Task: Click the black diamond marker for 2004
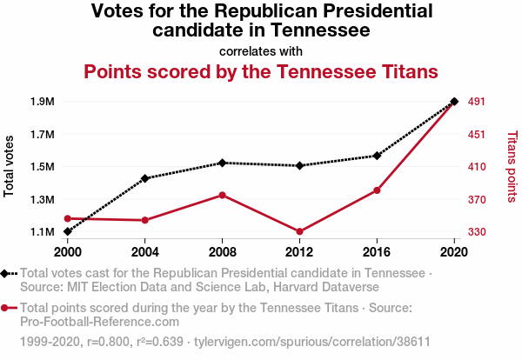click(x=145, y=178)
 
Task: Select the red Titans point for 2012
click(x=299, y=231)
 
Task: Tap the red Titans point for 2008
click(x=223, y=195)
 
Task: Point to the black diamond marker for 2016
click(x=377, y=156)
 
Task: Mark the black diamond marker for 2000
click(x=68, y=231)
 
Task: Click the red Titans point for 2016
click(x=377, y=190)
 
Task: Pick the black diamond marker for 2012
click(x=299, y=165)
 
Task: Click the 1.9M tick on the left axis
click(x=42, y=102)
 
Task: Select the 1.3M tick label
click(x=42, y=200)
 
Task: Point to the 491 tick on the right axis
click(x=477, y=102)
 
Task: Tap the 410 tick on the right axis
click(x=477, y=167)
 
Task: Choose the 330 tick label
click(x=477, y=232)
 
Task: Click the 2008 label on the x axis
click(x=223, y=251)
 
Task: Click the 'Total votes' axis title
click(x=10, y=166)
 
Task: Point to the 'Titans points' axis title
click(x=512, y=167)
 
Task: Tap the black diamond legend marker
click(x=8, y=274)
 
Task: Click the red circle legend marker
click(x=8, y=307)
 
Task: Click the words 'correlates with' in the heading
click(x=261, y=50)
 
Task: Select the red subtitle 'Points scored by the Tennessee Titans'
click(x=261, y=70)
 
